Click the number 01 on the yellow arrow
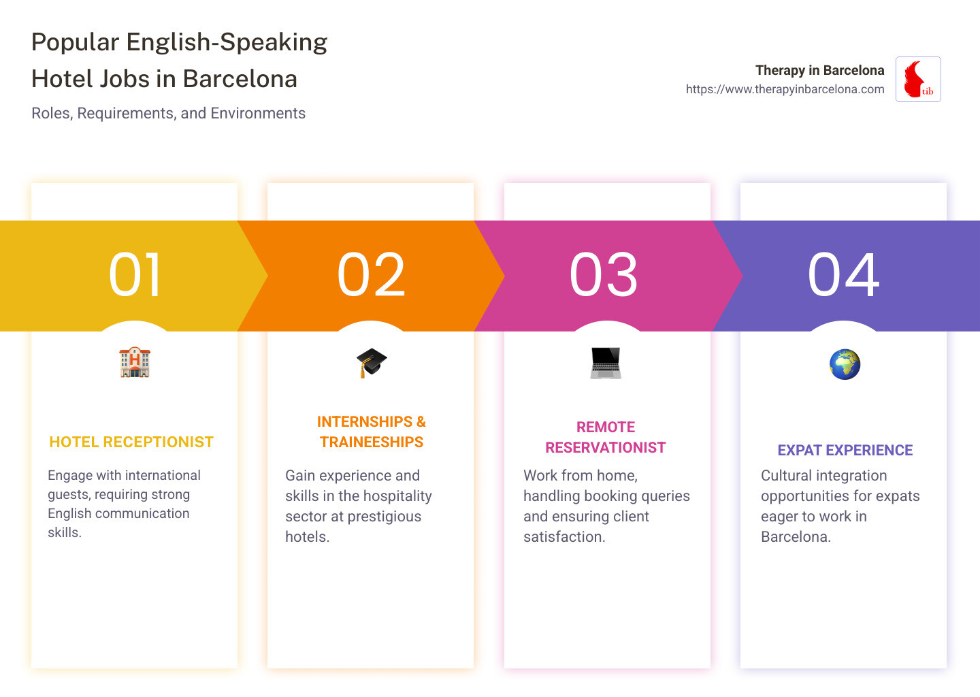(135, 275)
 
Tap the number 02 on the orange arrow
(371, 275)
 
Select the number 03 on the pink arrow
(604, 275)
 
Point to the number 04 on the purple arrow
(843, 275)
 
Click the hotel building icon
(135, 362)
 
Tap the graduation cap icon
(371, 363)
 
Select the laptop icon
(606, 363)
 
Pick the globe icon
(845, 364)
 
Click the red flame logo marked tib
(917, 80)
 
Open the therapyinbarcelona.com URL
(785, 89)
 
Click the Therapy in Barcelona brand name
(819, 70)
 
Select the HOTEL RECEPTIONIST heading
(131, 442)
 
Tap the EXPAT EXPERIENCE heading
(845, 451)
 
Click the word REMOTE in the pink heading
(605, 427)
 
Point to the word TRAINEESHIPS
(372, 442)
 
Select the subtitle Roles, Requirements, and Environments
(168, 113)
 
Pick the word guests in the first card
(68, 495)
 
